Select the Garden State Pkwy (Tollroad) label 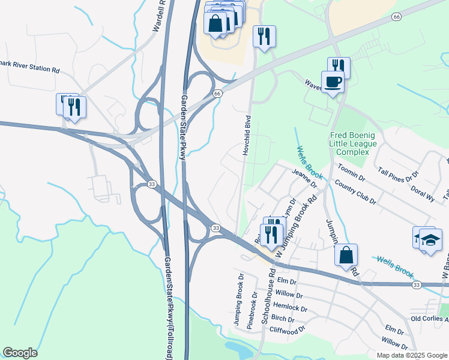click(x=170, y=309)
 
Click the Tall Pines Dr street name click(x=398, y=175)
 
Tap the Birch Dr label click(x=283, y=319)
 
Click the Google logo click(x=20, y=353)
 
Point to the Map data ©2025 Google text click(x=411, y=355)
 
